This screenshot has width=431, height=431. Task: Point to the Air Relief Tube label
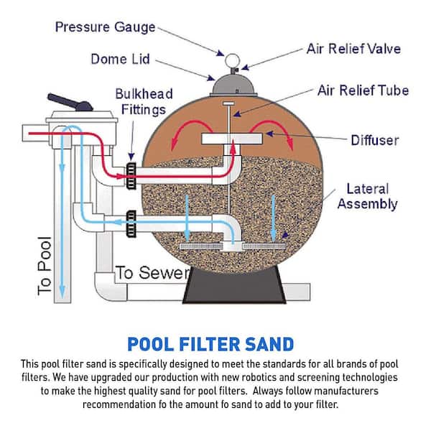pyautogui.click(x=363, y=91)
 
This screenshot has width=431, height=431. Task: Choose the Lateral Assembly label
pyautogui.click(x=367, y=196)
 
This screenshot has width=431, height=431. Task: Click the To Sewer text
pyautogui.click(x=152, y=273)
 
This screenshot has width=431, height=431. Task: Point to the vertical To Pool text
pyautogui.click(x=45, y=266)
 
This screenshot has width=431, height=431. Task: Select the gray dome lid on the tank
pyautogui.click(x=234, y=84)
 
